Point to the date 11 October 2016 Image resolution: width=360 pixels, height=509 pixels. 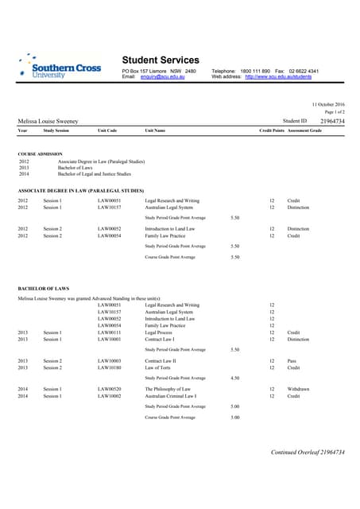328,104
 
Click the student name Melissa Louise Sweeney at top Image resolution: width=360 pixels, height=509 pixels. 48,121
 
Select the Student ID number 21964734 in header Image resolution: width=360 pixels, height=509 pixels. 332,120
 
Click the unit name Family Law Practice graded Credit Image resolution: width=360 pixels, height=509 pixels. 165,236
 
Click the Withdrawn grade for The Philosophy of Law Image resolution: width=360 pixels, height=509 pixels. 300,389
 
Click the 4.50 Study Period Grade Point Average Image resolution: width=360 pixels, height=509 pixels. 234,378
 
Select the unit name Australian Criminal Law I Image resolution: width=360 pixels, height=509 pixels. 171,395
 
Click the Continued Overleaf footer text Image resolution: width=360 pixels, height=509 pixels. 308,452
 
